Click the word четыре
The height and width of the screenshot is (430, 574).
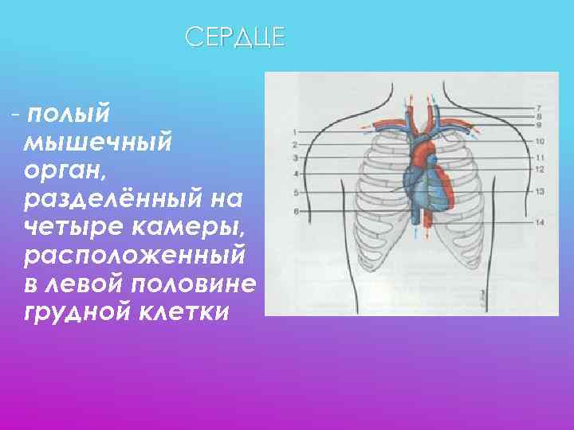(70, 226)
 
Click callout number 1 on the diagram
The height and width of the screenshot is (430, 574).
(294, 131)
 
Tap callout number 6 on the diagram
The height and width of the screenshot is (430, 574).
(295, 211)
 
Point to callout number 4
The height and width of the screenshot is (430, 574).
(295, 173)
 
